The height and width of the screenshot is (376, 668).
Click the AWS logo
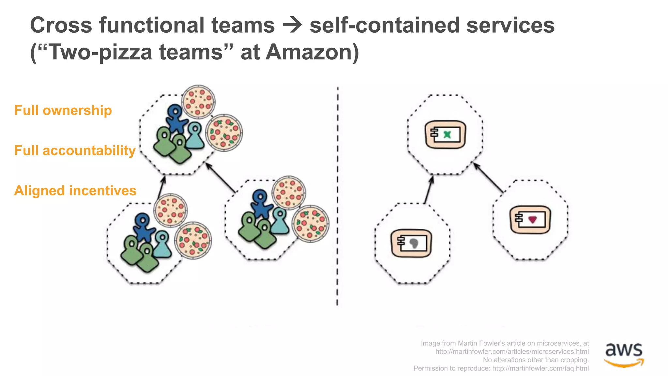tap(624, 354)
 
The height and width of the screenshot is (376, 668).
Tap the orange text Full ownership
tap(63, 110)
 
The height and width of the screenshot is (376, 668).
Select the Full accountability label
tap(75, 150)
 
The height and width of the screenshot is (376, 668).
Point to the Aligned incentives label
tap(75, 191)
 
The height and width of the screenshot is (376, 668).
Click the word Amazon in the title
tap(312, 52)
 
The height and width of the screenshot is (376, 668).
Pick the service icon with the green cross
tap(446, 134)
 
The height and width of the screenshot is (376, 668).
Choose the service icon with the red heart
tap(530, 219)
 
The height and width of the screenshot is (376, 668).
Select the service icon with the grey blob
tap(411, 243)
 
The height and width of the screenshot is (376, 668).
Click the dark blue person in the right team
tap(261, 204)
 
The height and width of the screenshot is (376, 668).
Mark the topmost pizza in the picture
tap(198, 102)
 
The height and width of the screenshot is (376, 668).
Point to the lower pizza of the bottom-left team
tap(193, 241)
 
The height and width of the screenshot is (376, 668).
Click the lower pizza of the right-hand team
tap(311, 224)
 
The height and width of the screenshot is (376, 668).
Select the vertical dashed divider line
tap(338, 196)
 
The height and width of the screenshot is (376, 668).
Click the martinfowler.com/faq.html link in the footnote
tap(540, 368)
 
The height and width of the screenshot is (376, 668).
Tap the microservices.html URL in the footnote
tap(512, 352)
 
